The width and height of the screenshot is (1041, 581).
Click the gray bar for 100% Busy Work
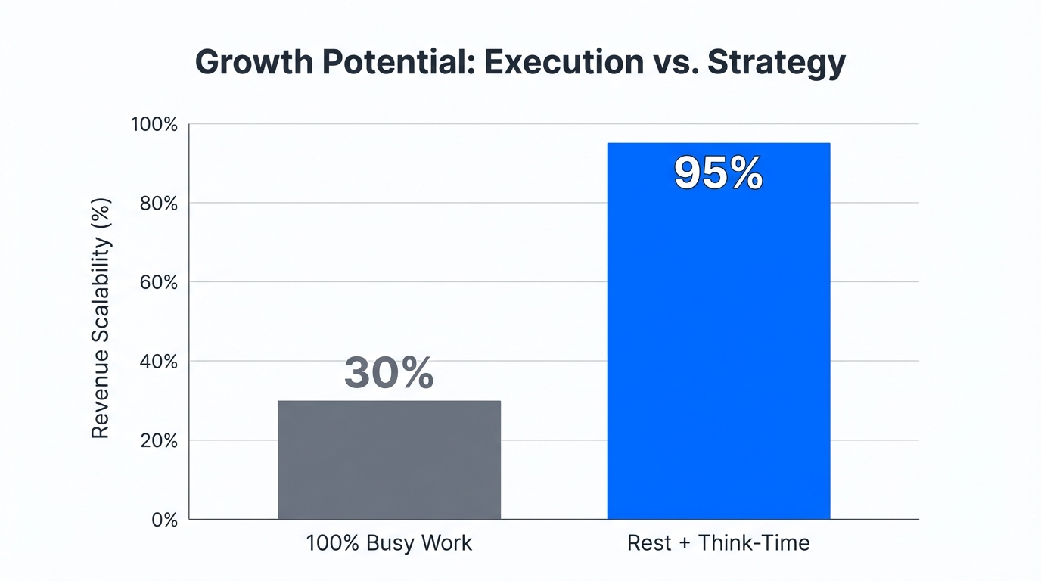pyautogui.click(x=389, y=460)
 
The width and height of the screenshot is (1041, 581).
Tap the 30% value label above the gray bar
pyautogui.click(x=389, y=373)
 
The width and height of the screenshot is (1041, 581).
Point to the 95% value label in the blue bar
pyautogui.click(x=718, y=174)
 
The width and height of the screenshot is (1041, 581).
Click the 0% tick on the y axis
pyautogui.click(x=163, y=520)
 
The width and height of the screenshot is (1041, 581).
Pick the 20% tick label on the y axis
pyautogui.click(x=159, y=440)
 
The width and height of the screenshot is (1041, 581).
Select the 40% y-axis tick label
pyautogui.click(x=159, y=362)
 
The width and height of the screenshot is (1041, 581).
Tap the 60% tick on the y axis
pyautogui.click(x=159, y=282)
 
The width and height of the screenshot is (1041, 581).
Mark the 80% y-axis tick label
pyautogui.click(x=159, y=204)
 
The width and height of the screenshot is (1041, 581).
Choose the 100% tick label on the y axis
pyautogui.click(x=154, y=124)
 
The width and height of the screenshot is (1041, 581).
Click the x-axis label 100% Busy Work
pyautogui.click(x=389, y=543)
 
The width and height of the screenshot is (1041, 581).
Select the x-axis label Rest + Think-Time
pyautogui.click(x=718, y=543)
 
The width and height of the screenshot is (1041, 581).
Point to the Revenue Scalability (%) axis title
pyautogui.click(x=101, y=318)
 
